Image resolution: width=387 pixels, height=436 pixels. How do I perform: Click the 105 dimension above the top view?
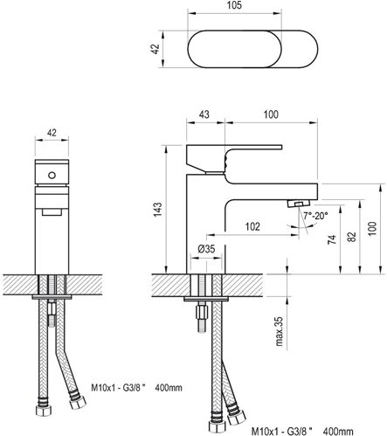pos(234,5)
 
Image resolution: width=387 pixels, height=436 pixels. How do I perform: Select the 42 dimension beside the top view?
pos(155,49)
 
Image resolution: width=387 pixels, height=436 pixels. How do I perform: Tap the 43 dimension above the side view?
pos(204,114)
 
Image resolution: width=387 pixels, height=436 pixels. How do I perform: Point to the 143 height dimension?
pos(157,209)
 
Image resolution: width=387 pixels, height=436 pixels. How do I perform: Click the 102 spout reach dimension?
pos(252,226)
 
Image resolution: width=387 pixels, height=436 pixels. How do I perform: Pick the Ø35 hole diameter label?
pos(206,249)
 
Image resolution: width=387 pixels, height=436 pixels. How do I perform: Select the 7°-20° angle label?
pos(315,216)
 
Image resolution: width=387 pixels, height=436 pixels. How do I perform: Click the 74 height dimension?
pos(332,239)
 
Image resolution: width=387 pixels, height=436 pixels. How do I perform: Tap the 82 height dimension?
pos(351,237)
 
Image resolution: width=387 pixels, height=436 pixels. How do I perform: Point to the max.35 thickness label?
pos(279,331)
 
